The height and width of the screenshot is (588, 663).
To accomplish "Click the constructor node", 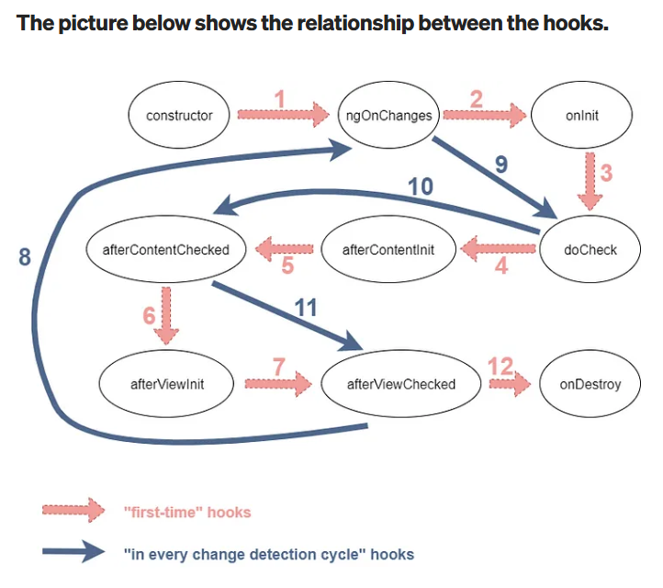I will tap(179, 115).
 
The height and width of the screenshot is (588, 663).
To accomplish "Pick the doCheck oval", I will tap(590, 249).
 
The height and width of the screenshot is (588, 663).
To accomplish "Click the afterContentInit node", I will tap(388, 249).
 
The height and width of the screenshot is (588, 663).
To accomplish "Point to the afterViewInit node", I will tap(167, 384).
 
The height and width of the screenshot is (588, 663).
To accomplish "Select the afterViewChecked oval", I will tap(400, 384).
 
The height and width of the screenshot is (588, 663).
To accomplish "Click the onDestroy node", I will tap(590, 384).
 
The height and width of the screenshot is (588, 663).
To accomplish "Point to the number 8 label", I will tap(25, 258).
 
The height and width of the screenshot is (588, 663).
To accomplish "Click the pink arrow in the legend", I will tap(73, 511).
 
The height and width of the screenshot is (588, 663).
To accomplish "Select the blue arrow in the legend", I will tap(73, 553).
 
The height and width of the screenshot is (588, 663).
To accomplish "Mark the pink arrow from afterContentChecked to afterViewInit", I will tap(167, 312).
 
